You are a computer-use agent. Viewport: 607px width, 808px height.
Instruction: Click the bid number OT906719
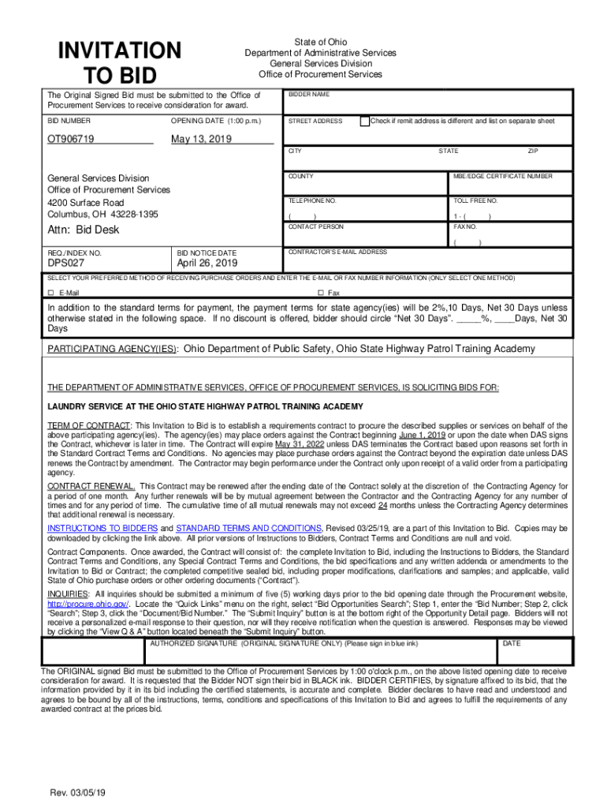[71, 140]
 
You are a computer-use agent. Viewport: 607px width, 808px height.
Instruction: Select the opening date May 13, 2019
[203, 140]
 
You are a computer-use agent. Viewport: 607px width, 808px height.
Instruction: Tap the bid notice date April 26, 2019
[208, 264]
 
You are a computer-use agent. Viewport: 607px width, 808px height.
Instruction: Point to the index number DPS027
[66, 264]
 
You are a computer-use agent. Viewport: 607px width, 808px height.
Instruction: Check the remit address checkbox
[364, 122]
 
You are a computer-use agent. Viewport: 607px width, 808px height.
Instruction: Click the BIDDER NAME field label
[307, 95]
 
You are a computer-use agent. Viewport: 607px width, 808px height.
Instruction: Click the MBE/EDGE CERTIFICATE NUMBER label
[502, 176]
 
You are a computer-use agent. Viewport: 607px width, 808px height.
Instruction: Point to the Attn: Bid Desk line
[84, 230]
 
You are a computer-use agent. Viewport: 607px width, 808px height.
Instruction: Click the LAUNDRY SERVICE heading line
[205, 406]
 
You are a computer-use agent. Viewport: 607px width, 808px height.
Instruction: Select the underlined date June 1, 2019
[423, 435]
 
